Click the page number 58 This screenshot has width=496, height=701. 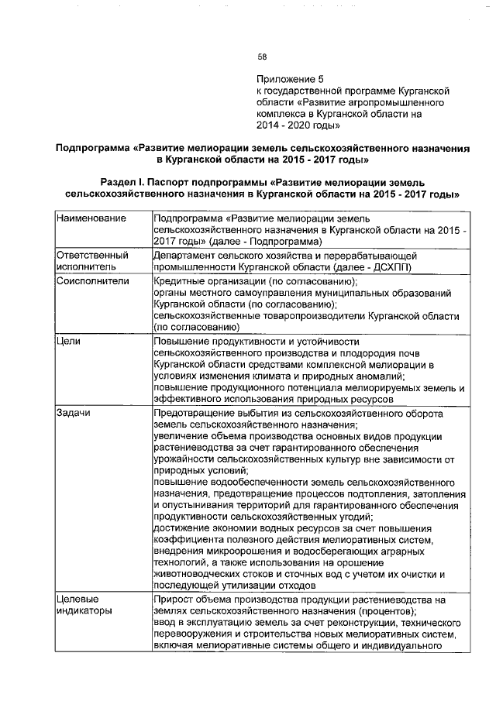click(x=262, y=57)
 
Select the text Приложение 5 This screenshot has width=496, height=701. click(x=289, y=79)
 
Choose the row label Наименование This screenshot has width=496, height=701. click(x=91, y=220)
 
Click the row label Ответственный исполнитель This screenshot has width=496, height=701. click(x=92, y=261)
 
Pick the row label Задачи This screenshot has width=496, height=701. click(x=74, y=414)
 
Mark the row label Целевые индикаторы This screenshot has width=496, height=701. click(x=84, y=605)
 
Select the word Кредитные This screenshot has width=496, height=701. click(x=180, y=281)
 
